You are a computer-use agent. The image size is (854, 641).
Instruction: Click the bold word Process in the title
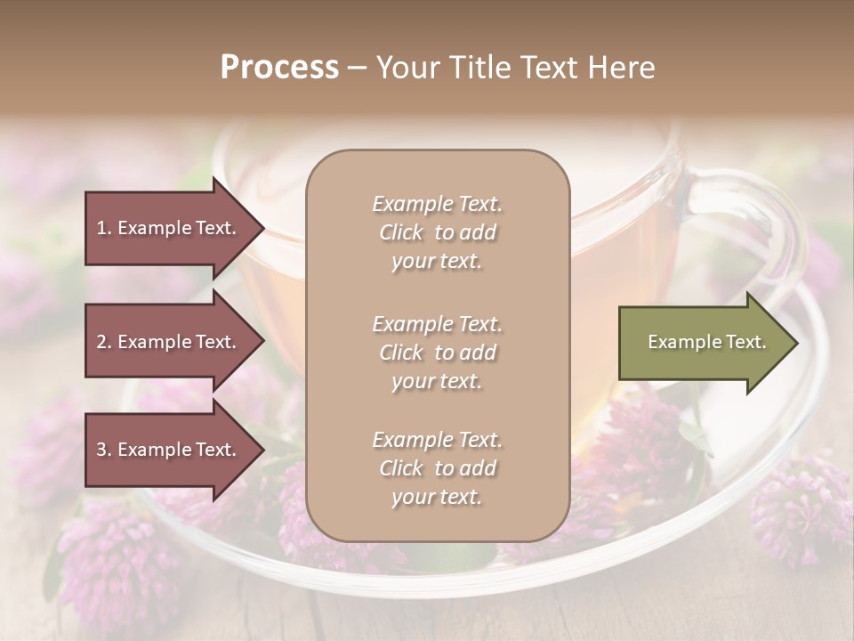click(x=279, y=68)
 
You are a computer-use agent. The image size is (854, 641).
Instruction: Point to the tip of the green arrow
click(x=796, y=343)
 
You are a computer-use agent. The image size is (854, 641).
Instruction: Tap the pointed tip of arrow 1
click(x=262, y=228)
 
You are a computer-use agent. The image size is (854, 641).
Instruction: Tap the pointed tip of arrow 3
click(x=262, y=450)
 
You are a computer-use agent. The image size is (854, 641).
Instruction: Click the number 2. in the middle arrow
click(x=104, y=342)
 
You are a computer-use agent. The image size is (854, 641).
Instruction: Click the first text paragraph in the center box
click(x=437, y=232)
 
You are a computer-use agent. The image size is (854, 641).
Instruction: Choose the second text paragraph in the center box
click(x=437, y=353)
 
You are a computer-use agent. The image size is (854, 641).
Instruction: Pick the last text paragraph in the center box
click(x=437, y=468)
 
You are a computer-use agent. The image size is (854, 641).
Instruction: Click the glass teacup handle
click(x=765, y=223)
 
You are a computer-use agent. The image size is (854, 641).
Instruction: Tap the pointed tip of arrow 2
click(x=262, y=342)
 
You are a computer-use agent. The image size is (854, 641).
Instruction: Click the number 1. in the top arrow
click(x=104, y=228)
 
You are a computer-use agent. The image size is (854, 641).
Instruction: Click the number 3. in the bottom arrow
click(x=104, y=450)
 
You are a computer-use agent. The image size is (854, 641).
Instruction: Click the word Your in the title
click(x=407, y=68)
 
